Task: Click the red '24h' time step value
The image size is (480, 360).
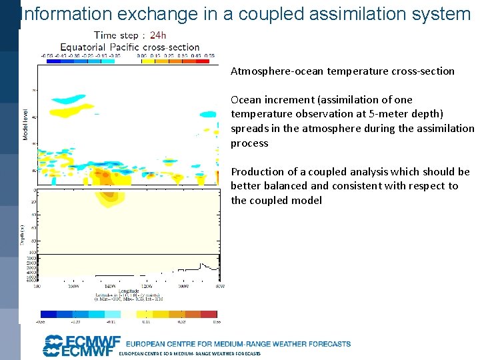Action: tap(158, 35)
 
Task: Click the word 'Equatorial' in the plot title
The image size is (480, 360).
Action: tap(85, 47)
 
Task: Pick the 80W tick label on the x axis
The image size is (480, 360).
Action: tap(219, 286)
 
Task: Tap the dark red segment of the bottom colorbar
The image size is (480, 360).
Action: tap(209, 313)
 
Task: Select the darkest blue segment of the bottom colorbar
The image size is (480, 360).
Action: tap(49, 313)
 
